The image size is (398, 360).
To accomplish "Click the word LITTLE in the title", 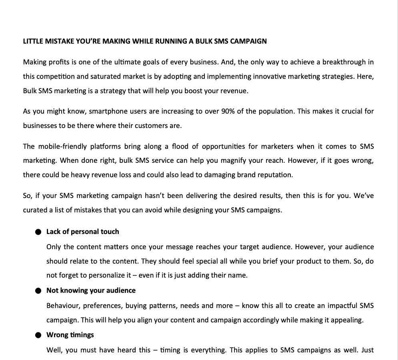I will coord(32,41).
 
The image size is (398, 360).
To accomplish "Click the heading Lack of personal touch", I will coord(82,232).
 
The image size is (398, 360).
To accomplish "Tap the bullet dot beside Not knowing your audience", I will coord(38,291).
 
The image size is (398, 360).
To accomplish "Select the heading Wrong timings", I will coord(70,335).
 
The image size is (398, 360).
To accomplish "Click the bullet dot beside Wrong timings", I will coord(38,335).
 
